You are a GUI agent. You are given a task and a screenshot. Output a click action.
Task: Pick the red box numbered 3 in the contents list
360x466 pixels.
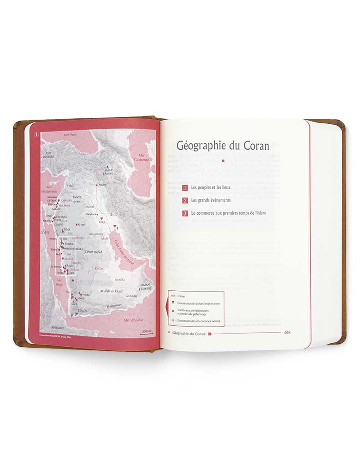coord(185,213)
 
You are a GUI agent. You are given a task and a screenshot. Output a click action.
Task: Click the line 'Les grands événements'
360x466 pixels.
coord(211,200)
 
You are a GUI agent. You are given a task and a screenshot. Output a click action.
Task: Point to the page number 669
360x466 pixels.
coord(287,332)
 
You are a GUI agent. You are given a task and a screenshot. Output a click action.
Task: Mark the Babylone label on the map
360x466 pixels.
coord(91,214)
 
